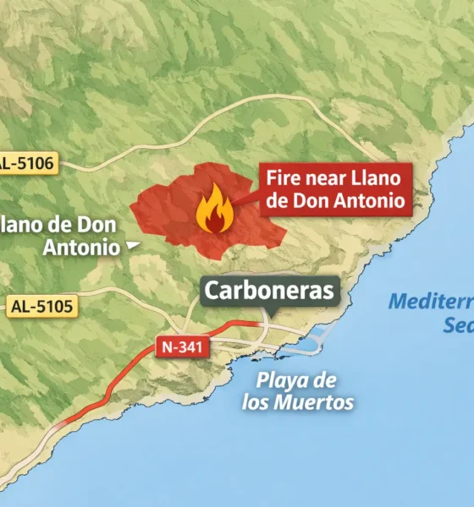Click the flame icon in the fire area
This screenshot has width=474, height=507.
pos(212,210)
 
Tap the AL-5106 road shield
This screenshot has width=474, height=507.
pos(27,163)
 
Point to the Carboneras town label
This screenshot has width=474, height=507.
pos(270,292)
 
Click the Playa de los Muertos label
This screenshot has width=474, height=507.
pos(298,390)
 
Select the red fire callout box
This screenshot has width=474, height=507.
pos(335,190)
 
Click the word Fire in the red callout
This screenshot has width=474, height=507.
pos(284,178)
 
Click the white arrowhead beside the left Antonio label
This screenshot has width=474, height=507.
pos(132,246)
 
